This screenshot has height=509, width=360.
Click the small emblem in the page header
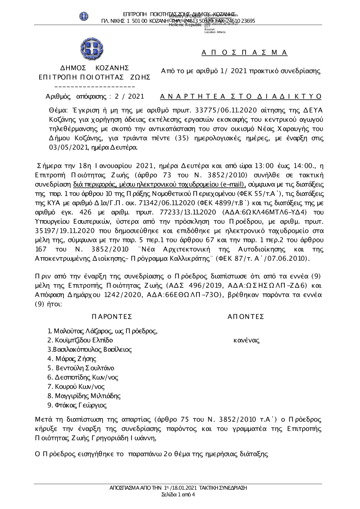point(84,16)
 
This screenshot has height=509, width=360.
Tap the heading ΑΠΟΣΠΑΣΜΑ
point(244,53)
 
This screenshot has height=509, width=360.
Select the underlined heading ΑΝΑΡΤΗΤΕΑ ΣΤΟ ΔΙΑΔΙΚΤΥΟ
point(240,96)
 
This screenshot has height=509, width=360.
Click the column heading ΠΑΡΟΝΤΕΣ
point(112,317)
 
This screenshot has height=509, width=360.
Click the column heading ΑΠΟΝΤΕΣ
point(246,317)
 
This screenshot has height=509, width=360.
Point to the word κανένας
point(247,340)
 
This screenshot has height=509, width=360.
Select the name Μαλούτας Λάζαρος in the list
point(83,331)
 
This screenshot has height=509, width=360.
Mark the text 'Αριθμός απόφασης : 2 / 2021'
point(95,96)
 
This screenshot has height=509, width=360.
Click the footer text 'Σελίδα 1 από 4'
point(179,494)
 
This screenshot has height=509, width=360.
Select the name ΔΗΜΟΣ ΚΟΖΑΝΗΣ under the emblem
point(94,68)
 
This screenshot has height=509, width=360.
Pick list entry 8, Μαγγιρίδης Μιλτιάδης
point(87,396)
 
